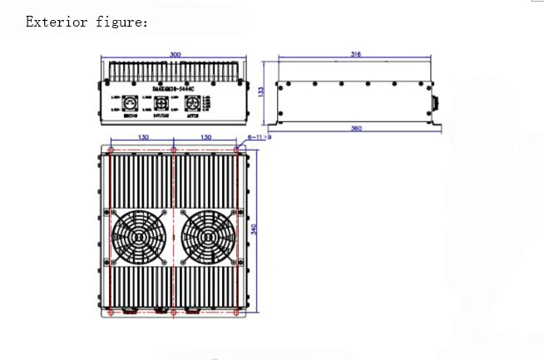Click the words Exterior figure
tap(87, 22)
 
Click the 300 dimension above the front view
tap(175, 55)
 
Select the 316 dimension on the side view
tap(357, 54)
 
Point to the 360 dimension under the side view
tap(357, 128)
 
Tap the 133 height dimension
tap(261, 92)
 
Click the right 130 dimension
tap(205, 136)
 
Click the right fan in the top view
tap(205, 235)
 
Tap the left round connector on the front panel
tap(131, 105)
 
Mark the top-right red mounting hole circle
tap(237, 150)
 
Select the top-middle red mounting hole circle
tap(173, 150)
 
